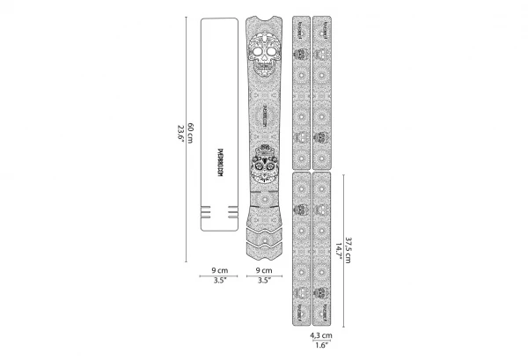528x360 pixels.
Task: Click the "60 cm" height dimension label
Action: pyautogui.click(x=189, y=132)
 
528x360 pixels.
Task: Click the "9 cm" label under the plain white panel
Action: pyautogui.click(x=219, y=270)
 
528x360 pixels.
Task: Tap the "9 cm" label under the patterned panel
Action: pyautogui.click(x=262, y=270)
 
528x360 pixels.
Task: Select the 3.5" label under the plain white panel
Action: pyautogui.click(x=219, y=281)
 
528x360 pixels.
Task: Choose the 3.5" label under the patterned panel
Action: pyautogui.click(x=262, y=281)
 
